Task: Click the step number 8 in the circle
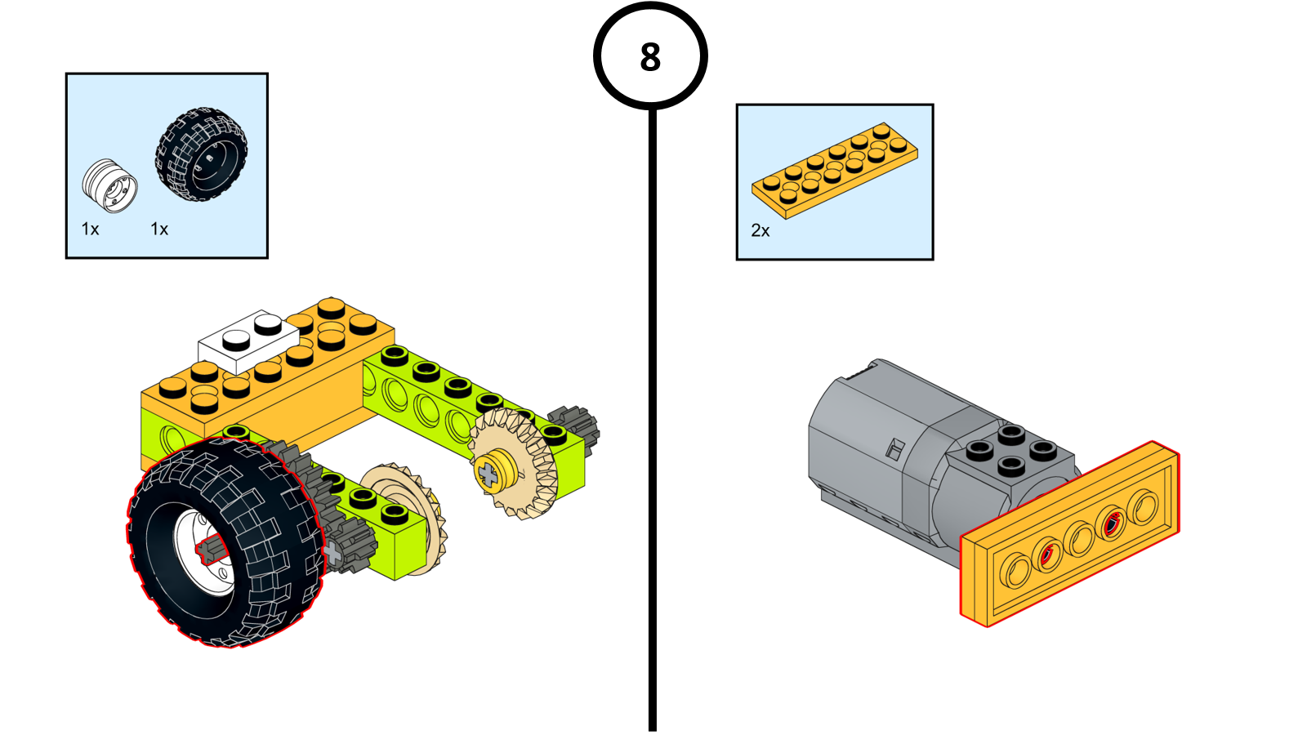click(x=650, y=57)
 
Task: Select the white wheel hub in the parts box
click(x=109, y=185)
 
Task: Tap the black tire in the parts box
click(x=201, y=154)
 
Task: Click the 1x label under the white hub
click(x=90, y=229)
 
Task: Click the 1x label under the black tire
click(x=159, y=229)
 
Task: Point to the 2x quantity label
click(x=760, y=231)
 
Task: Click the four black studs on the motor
click(x=1010, y=450)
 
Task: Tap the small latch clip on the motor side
click(x=894, y=448)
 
